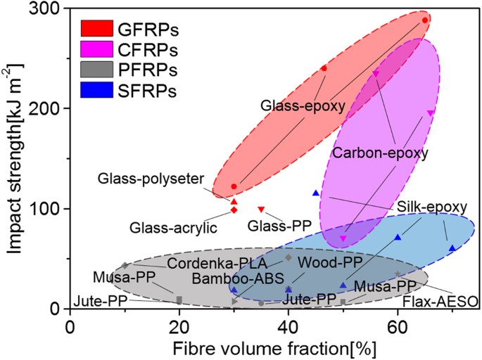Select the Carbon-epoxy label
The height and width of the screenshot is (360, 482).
click(380, 152)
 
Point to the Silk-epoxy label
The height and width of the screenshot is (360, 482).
click(431, 207)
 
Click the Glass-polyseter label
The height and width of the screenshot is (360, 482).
click(151, 179)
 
